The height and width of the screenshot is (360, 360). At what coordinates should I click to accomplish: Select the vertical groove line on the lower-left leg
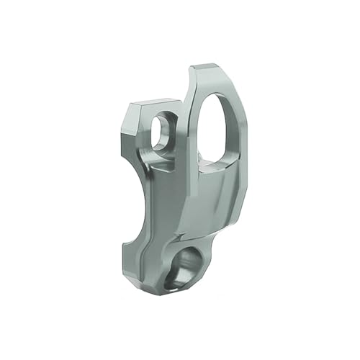(148, 245)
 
